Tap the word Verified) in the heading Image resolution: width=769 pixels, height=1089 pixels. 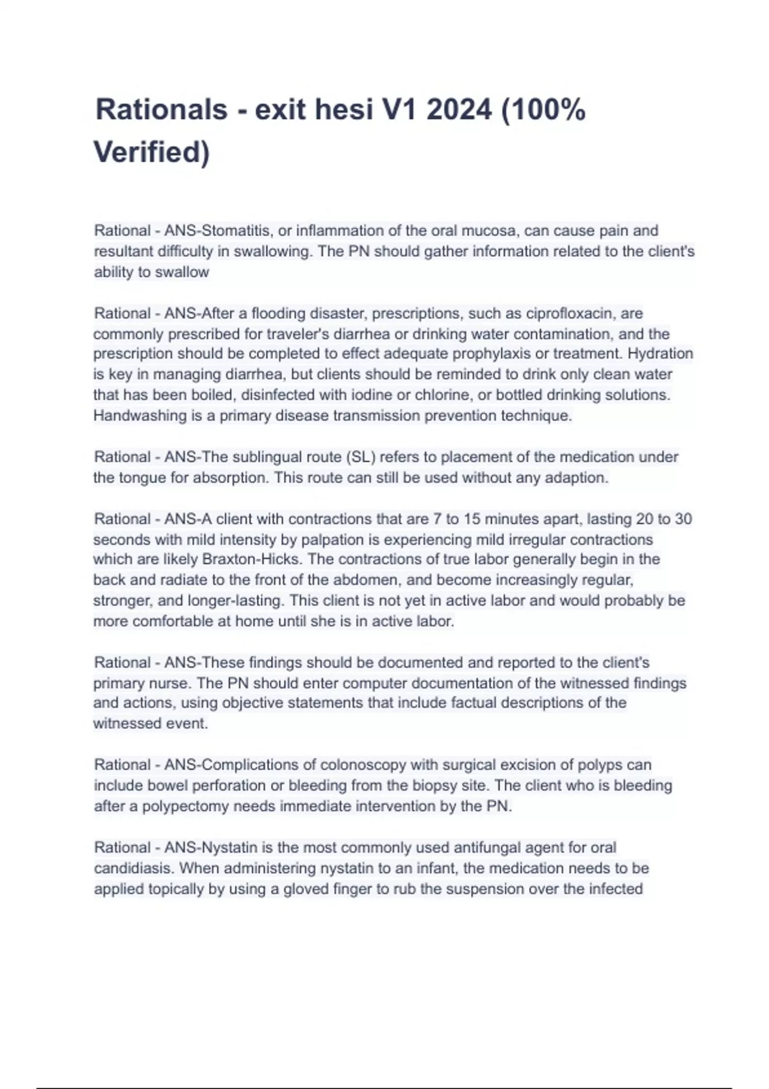[151, 152]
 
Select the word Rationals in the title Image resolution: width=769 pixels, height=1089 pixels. [161, 110]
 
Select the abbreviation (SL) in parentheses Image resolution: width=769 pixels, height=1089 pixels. [361, 457]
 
